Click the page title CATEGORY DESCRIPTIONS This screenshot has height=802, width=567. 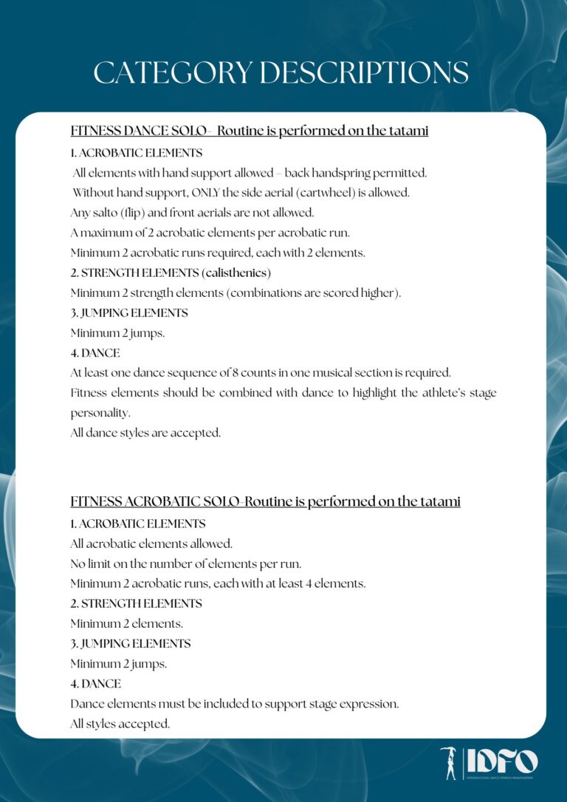coord(281,73)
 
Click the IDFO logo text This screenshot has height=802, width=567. coord(502,761)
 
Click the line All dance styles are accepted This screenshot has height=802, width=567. coord(145,433)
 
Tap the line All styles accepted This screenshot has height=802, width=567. coord(120,724)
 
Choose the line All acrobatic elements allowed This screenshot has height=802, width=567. coord(151,544)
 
